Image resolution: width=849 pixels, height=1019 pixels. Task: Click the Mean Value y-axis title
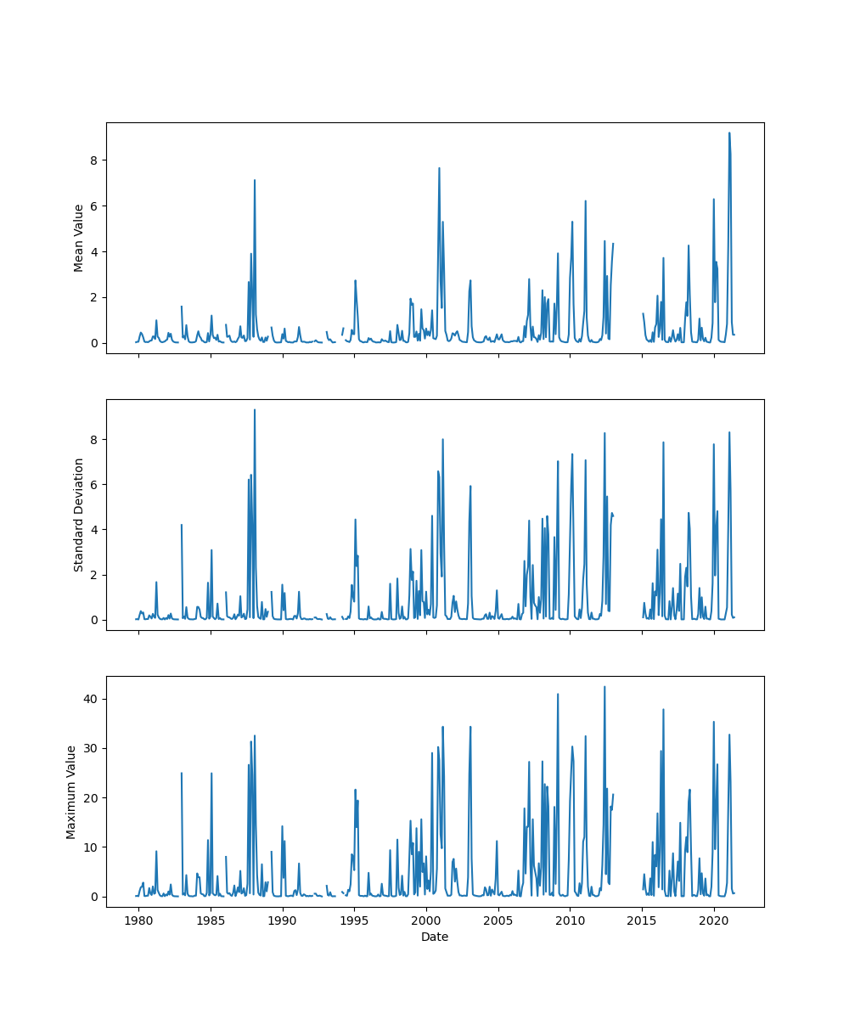pos(79,238)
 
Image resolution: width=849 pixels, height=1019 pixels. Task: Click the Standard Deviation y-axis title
pos(79,515)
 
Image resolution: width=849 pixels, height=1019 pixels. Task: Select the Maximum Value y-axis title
pos(71,791)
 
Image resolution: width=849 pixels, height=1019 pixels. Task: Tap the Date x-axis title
pos(435,937)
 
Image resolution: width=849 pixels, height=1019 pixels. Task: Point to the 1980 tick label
pos(139,920)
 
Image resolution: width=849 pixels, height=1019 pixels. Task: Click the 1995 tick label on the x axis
pos(355,920)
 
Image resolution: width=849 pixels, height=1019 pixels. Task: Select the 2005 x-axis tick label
pos(498,920)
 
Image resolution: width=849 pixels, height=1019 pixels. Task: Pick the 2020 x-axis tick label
pos(714,920)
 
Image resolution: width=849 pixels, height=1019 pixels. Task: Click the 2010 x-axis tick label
pos(570,920)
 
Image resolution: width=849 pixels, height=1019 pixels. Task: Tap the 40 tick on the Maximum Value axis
pos(88,699)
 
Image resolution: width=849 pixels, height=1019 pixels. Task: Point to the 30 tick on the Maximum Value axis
pos(88,748)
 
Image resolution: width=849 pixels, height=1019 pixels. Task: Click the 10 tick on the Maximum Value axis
pos(88,847)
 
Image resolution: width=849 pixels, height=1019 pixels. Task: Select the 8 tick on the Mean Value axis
pos(94,160)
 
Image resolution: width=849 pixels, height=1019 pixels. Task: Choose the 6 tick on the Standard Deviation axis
pos(94,484)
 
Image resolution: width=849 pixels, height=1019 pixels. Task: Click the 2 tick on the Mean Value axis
pos(94,297)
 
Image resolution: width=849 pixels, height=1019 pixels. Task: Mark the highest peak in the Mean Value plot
pos(728,132)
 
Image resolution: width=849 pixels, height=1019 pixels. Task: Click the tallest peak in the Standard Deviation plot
pos(254,409)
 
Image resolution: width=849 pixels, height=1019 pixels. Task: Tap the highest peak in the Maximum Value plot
pos(604,686)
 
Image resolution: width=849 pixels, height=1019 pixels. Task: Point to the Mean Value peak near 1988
pos(254,180)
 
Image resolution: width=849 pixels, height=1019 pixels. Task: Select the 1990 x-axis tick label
pos(283,920)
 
